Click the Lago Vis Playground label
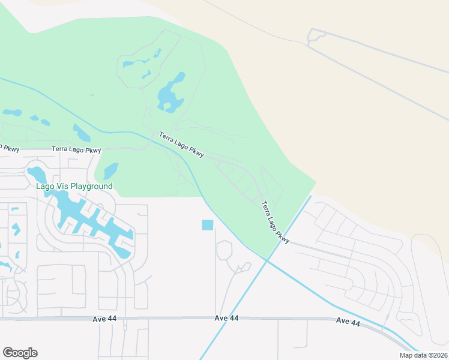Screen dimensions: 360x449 tap(74, 187)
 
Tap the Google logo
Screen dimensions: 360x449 tap(20, 353)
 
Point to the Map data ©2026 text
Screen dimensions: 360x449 tap(423, 355)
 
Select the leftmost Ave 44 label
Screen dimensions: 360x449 tap(105, 319)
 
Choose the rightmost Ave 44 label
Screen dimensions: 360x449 tap(348, 322)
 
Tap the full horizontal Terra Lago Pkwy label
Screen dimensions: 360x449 tap(76, 149)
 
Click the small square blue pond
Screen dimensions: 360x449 tap(208, 225)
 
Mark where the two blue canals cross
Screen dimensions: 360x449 tap(266, 259)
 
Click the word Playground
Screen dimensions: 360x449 tap(91, 187)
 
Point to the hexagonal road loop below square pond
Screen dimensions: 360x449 tap(225, 250)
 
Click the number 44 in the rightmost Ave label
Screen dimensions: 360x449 tap(355, 323)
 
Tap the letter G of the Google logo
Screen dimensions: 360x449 tap(8, 352)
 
